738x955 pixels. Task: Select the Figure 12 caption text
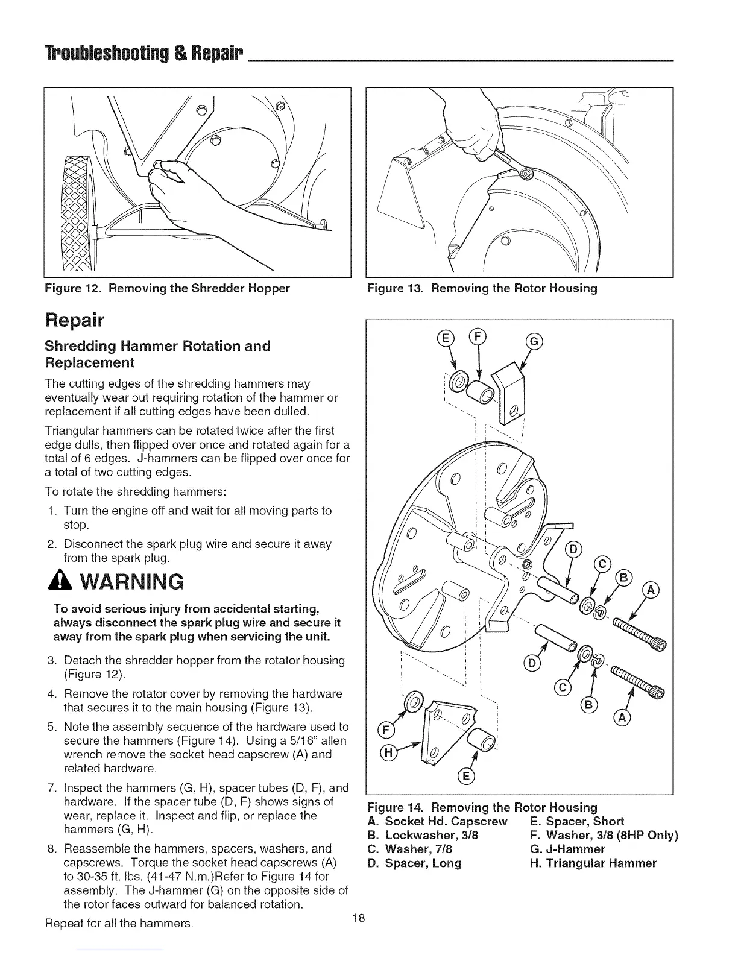pos(168,288)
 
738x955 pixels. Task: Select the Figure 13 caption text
pos(482,288)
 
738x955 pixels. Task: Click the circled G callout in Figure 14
pos(535,342)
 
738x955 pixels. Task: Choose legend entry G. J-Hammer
pos(567,849)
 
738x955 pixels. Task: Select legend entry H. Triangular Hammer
pos(593,863)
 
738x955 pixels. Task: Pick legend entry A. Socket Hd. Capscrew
pos(437,821)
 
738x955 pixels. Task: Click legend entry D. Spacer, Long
pos(414,863)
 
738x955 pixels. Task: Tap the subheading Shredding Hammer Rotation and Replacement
pos(158,354)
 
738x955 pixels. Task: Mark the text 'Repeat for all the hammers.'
pos(119,924)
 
